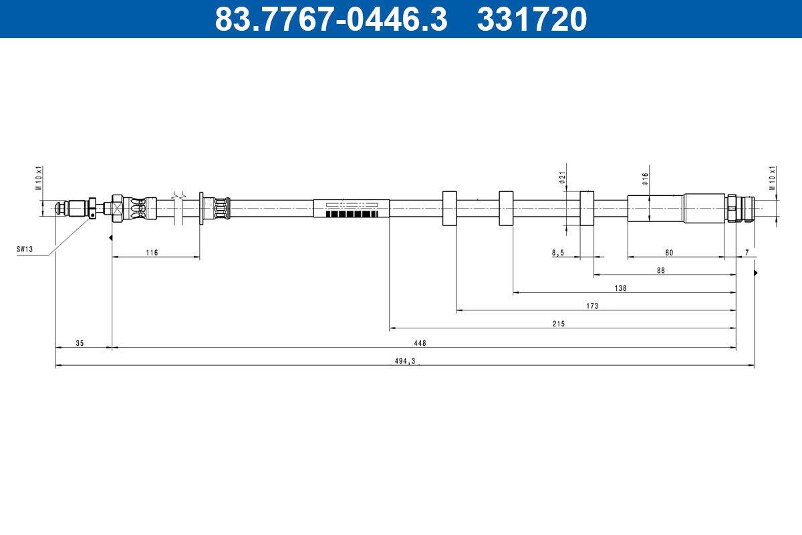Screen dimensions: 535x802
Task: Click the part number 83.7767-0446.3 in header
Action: pos(331,19)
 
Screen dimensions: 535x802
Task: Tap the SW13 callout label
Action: pos(25,249)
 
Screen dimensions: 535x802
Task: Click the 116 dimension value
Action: pos(152,252)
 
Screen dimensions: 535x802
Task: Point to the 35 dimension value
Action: pos(80,343)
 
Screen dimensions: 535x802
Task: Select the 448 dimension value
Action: pos(420,343)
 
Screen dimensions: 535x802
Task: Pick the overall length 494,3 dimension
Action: pos(404,361)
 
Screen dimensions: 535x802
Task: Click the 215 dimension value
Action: pos(559,324)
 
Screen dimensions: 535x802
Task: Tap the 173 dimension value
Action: pos(591,306)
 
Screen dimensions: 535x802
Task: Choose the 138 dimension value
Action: pos(620,288)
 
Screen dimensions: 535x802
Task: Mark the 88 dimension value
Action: pos(661,270)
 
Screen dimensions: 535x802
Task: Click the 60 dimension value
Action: pos(669,252)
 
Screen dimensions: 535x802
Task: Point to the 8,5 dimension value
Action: pos(558,252)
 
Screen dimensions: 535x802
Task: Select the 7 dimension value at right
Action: pos(747,252)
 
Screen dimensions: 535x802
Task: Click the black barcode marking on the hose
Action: pos(352,213)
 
